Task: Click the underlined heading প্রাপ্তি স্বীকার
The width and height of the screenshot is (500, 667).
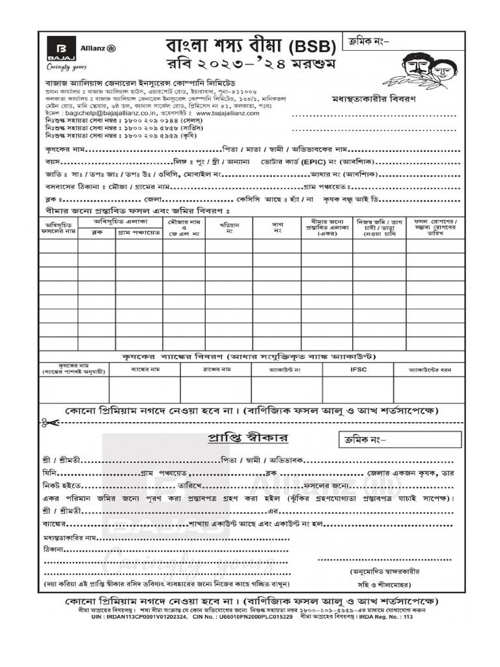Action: point(248,436)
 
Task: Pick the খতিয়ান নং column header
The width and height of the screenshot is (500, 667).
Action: point(229,227)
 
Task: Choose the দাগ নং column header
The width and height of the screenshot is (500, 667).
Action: point(277,227)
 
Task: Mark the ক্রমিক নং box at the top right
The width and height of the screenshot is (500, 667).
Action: point(402,42)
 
